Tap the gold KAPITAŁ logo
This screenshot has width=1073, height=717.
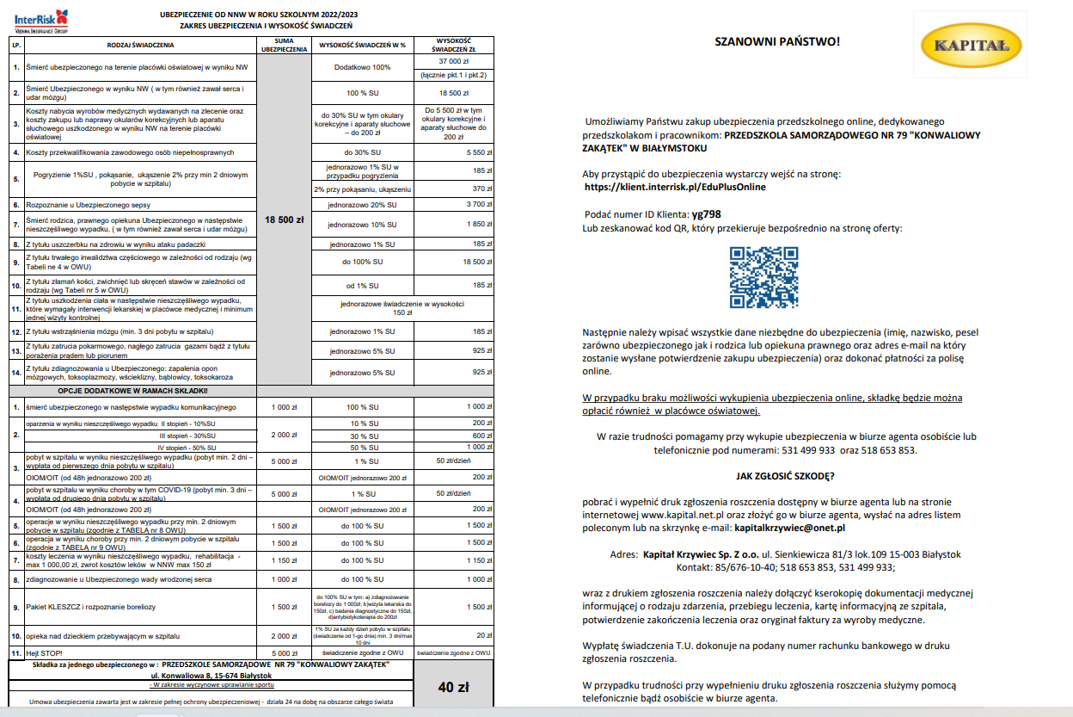[971, 48]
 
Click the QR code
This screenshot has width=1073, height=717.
[764, 277]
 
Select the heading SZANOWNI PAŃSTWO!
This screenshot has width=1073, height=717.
[777, 42]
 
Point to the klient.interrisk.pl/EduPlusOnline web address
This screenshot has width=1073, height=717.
[674, 187]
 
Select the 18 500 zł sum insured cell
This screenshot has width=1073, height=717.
[285, 219]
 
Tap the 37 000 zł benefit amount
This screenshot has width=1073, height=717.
[452, 62]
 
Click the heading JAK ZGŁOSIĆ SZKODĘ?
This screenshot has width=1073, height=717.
[785, 475]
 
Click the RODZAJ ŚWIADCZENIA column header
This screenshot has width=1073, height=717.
[141, 44]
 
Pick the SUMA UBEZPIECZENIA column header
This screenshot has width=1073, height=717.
[284, 44]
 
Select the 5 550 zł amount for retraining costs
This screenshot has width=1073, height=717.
[452, 151]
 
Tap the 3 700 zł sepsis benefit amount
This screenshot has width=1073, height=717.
[452, 204]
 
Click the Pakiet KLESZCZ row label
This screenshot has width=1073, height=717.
[90, 608]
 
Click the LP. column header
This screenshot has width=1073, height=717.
[15, 44]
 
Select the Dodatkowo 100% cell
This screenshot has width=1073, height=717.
[362, 66]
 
